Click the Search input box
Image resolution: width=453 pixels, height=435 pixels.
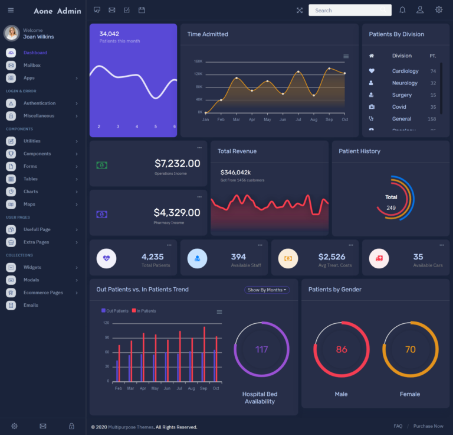click(348, 10)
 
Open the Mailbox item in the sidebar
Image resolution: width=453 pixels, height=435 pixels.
click(32, 65)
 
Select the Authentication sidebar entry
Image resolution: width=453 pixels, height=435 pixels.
click(40, 103)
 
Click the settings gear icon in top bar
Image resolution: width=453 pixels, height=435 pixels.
click(439, 10)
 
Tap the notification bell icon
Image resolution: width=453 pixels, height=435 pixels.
click(402, 10)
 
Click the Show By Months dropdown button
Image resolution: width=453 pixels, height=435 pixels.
click(267, 290)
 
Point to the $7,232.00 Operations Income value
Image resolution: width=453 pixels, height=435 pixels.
click(177, 163)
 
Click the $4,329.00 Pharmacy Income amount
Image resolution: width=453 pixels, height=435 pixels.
click(177, 212)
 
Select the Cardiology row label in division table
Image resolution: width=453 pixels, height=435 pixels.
click(405, 71)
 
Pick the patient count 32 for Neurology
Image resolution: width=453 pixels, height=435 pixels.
click(433, 83)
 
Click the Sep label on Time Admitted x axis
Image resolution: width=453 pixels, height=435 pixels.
click(329, 119)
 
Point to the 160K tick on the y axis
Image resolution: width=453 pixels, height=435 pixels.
click(198, 61)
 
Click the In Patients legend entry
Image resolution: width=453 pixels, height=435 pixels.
click(145, 311)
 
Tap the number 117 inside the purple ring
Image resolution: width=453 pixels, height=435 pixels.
click(262, 349)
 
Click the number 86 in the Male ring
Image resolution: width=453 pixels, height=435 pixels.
click(342, 349)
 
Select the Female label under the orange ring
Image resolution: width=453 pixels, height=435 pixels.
click(410, 394)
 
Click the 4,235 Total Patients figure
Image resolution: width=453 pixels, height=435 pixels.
click(153, 257)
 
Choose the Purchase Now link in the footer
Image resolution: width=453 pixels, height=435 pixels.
click(428, 426)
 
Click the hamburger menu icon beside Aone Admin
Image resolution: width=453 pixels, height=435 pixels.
click(11, 11)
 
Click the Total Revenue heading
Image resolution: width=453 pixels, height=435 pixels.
click(237, 151)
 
